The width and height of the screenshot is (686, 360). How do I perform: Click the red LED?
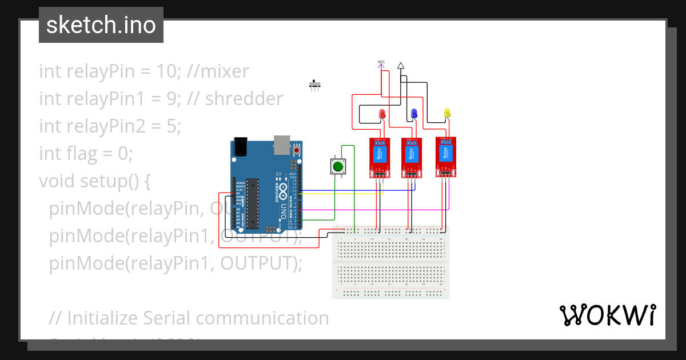point(382,114)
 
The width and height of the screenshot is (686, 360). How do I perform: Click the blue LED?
point(414,114)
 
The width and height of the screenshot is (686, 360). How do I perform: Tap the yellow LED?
point(447,113)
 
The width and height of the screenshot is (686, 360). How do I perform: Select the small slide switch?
point(315,85)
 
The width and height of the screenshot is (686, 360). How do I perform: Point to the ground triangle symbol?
point(401,66)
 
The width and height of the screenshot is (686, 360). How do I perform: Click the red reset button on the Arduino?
point(296,150)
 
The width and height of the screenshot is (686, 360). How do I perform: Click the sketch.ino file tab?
point(101,25)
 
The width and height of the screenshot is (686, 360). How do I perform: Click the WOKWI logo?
point(607,315)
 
